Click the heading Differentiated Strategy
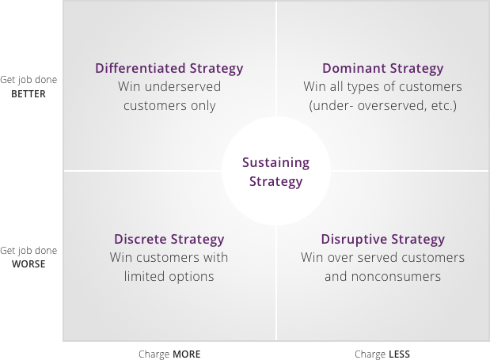[169, 69]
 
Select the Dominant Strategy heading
[383, 69]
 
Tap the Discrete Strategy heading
[169, 240]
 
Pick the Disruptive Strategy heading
[383, 240]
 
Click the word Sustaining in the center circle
[276, 163]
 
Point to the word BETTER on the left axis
[28, 94]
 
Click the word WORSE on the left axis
[28, 264]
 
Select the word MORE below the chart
[187, 354]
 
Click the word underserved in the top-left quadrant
[183, 87]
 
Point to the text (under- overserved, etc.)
[383, 106]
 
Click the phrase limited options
[169, 277]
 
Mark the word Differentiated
[140, 68]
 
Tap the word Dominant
[354, 68]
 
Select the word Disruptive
[354, 240]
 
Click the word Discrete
[140, 239]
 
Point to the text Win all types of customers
[383, 87]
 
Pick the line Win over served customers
[383, 258]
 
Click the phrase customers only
[169, 106]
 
